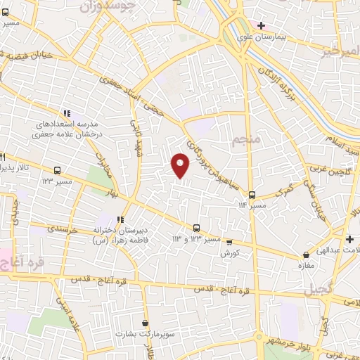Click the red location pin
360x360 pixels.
(x=181, y=165)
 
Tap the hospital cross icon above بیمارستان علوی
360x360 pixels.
(x=261, y=25)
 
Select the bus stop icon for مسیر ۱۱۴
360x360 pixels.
(x=252, y=195)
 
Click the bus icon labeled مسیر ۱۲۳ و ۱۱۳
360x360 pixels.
(x=197, y=227)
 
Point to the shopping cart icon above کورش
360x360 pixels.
(x=228, y=241)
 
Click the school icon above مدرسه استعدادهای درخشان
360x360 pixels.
(x=67, y=113)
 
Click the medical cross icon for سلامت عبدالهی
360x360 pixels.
(x=349, y=240)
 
